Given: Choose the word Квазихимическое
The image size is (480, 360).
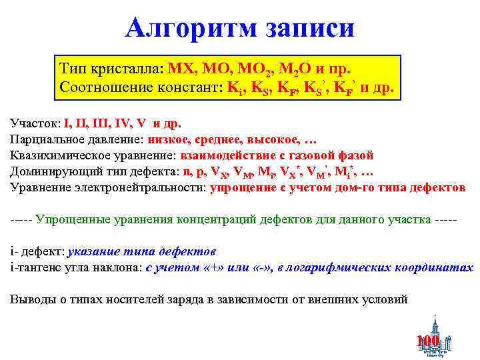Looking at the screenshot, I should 57,155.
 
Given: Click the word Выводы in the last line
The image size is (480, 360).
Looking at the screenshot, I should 30,299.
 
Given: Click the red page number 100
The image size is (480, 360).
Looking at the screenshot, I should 427,341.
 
